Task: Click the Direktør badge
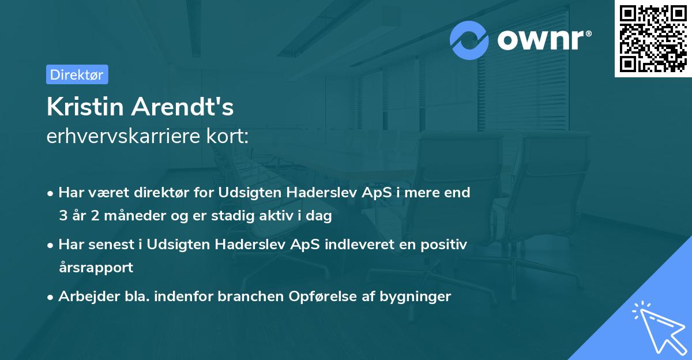(77, 74)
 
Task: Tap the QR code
(653, 39)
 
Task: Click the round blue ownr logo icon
(469, 40)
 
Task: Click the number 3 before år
(62, 216)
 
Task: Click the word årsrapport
(96, 268)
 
